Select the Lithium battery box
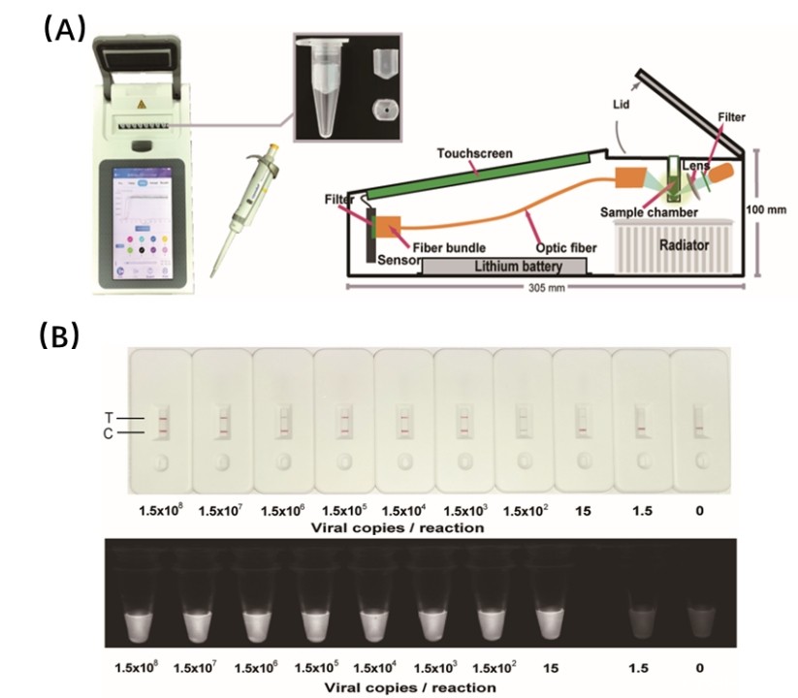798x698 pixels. [504, 264]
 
